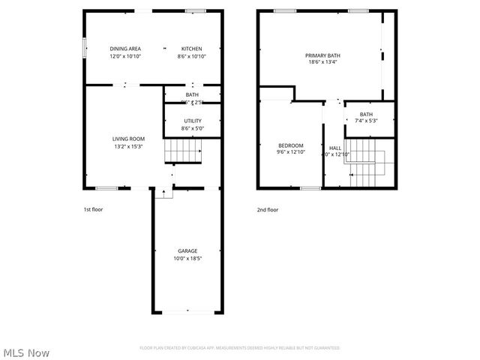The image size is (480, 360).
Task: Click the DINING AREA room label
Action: (x=125, y=49)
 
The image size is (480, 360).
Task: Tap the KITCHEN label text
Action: (x=191, y=49)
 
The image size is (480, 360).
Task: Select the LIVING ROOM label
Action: (x=128, y=139)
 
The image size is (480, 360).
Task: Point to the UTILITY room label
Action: (x=192, y=121)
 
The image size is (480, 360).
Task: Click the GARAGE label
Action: (x=187, y=250)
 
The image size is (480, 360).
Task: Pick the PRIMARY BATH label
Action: (x=322, y=55)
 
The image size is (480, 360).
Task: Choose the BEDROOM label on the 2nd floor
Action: (x=291, y=145)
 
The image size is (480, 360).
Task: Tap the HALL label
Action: (x=334, y=148)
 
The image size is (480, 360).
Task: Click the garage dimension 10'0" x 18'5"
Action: (x=187, y=258)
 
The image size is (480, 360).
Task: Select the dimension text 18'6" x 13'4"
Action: (x=322, y=63)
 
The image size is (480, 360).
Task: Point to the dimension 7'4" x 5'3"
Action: (x=366, y=121)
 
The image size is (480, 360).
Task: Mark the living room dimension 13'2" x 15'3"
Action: (x=128, y=146)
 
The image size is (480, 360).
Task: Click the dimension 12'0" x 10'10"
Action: (x=125, y=56)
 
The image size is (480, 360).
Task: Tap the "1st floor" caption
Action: (x=93, y=210)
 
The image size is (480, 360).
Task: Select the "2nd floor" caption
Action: (x=268, y=210)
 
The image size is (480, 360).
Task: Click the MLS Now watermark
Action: (x=27, y=352)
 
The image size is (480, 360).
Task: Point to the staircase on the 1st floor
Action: (x=184, y=151)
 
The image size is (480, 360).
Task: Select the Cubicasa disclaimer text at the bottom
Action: (x=239, y=348)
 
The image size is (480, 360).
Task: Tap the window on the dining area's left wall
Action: (x=83, y=49)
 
